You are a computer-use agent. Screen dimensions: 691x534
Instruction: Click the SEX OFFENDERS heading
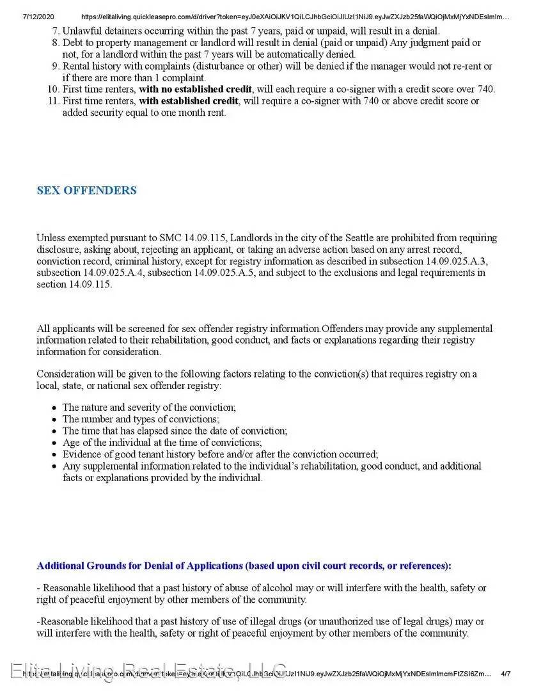[x=86, y=191]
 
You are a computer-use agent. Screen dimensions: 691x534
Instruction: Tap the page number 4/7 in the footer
[x=506, y=674]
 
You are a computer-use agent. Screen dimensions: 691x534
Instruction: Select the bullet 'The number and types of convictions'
[x=141, y=419]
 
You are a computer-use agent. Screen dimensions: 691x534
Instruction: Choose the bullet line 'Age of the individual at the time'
[x=162, y=443]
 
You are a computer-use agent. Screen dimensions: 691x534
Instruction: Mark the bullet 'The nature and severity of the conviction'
[x=149, y=408]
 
